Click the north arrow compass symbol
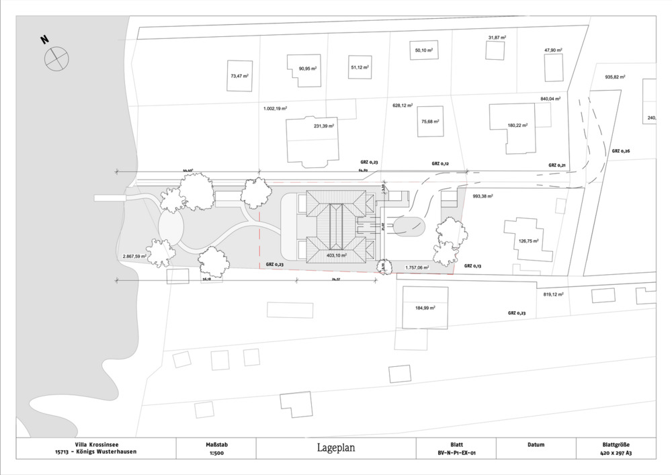point(56,58)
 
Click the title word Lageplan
point(336,447)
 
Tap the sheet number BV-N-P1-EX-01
point(456,453)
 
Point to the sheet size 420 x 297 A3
point(616,453)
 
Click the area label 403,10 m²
point(336,255)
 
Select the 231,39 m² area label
point(324,126)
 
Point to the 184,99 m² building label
point(425,308)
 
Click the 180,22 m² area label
point(517,126)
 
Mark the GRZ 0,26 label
point(620,150)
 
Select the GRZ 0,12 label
point(440,163)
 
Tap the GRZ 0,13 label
point(474,266)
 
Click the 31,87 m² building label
point(497,38)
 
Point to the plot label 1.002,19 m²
point(276,108)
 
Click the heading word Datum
point(536,445)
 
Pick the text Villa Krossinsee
point(95,445)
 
